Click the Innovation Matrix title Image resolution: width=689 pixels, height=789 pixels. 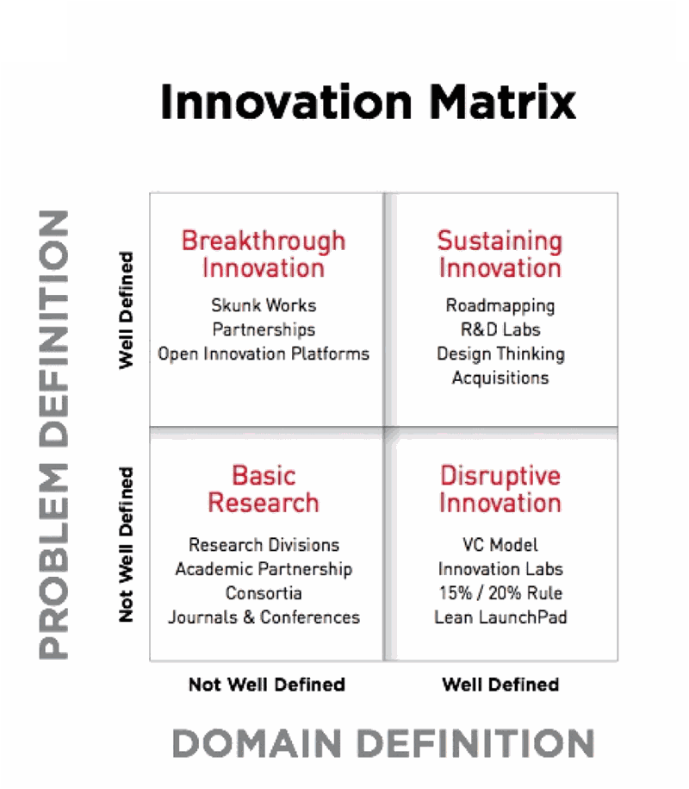click(x=368, y=102)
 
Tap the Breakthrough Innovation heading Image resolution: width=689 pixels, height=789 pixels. click(x=264, y=254)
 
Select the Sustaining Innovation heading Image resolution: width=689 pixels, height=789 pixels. click(x=500, y=254)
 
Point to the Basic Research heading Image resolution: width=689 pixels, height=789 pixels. click(x=264, y=489)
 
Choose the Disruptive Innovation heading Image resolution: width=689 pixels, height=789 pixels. click(x=500, y=489)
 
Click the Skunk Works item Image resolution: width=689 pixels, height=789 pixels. click(x=264, y=305)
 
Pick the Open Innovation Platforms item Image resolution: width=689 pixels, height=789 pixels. click(x=264, y=354)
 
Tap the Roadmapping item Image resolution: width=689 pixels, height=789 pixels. click(x=500, y=306)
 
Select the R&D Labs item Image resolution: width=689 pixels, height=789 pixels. click(x=500, y=329)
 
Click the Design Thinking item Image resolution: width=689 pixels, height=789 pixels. click(x=500, y=354)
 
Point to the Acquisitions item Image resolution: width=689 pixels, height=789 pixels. click(x=500, y=378)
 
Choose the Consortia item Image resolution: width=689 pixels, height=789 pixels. click(x=264, y=592)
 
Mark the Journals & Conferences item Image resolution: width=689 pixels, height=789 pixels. click(x=264, y=617)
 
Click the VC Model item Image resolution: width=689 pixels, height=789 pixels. click(x=500, y=544)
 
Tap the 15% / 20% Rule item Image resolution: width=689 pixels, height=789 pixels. click(x=500, y=592)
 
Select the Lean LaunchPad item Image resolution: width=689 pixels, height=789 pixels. click(x=500, y=617)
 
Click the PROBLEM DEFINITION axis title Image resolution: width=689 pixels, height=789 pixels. click(x=53, y=435)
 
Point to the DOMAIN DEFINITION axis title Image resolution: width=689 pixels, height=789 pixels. click(x=383, y=742)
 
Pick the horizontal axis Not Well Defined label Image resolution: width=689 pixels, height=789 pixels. click(x=267, y=685)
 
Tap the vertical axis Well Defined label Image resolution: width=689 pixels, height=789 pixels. click(x=126, y=310)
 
